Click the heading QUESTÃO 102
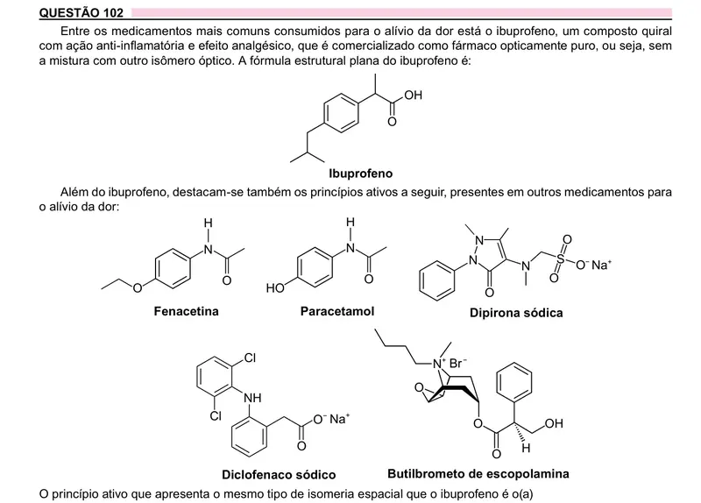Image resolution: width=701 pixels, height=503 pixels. (x=81, y=12)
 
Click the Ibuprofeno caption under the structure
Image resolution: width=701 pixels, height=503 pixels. (x=361, y=174)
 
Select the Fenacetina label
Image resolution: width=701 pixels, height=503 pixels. (x=186, y=311)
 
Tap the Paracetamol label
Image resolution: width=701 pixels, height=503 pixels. (x=337, y=311)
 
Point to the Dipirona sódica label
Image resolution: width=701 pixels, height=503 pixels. (x=516, y=313)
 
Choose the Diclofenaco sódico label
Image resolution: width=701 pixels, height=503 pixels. (x=279, y=474)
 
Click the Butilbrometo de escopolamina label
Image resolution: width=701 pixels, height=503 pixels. (x=478, y=473)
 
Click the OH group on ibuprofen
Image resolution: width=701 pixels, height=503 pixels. (x=413, y=95)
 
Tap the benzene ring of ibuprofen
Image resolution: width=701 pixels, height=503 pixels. (x=341, y=113)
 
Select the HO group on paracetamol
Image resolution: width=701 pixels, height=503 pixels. (x=275, y=288)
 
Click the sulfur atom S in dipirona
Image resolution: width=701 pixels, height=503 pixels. (x=560, y=259)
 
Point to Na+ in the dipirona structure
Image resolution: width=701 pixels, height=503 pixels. (x=600, y=265)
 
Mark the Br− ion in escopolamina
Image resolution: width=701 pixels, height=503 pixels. (x=457, y=363)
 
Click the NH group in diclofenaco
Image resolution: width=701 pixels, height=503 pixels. (x=252, y=398)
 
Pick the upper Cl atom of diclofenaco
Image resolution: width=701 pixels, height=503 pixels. (x=250, y=358)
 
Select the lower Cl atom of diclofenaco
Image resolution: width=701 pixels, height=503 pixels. (x=216, y=416)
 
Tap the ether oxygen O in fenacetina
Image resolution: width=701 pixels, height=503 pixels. (x=138, y=288)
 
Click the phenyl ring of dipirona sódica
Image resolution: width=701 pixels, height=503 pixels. (x=436, y=280)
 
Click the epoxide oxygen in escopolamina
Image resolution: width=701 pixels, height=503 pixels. (x=419, y=387)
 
